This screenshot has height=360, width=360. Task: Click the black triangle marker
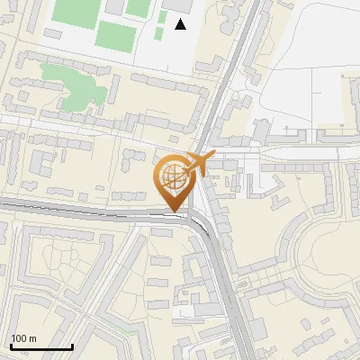click(181, 24)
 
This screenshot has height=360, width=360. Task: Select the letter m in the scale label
click(32, 338)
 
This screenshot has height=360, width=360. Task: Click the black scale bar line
click(40, 346)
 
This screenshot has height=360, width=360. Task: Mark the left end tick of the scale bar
click(10, 345)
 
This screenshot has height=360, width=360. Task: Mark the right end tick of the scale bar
click(71, 345)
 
